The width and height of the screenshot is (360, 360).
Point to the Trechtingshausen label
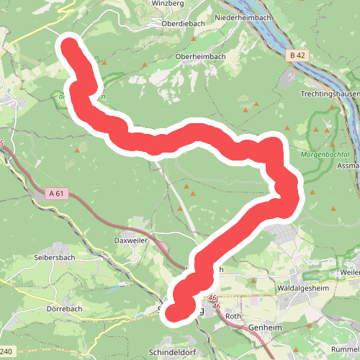(330, 94)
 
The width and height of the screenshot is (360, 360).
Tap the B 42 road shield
(298, 55)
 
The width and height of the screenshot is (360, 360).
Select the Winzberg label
(168, 3)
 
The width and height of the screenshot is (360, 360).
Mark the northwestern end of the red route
(71, 46)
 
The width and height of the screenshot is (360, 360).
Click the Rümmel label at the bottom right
(346, 329)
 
